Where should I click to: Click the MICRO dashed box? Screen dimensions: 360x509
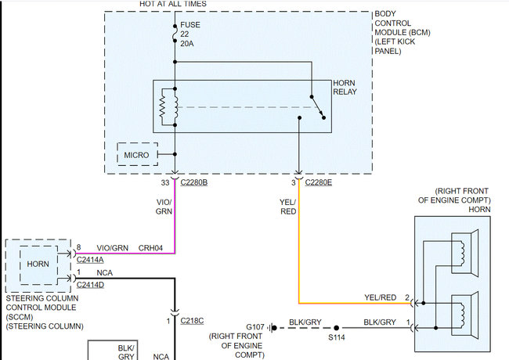137,155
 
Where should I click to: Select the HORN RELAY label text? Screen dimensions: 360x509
346,88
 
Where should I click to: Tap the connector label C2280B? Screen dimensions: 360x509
193,182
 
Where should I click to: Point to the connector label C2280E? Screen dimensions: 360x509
318,182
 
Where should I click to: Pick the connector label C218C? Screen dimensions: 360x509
193,321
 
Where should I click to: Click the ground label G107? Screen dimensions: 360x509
255,326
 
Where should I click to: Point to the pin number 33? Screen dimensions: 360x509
165,182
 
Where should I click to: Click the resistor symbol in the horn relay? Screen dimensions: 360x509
163,107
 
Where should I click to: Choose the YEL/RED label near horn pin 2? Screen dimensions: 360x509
381,297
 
